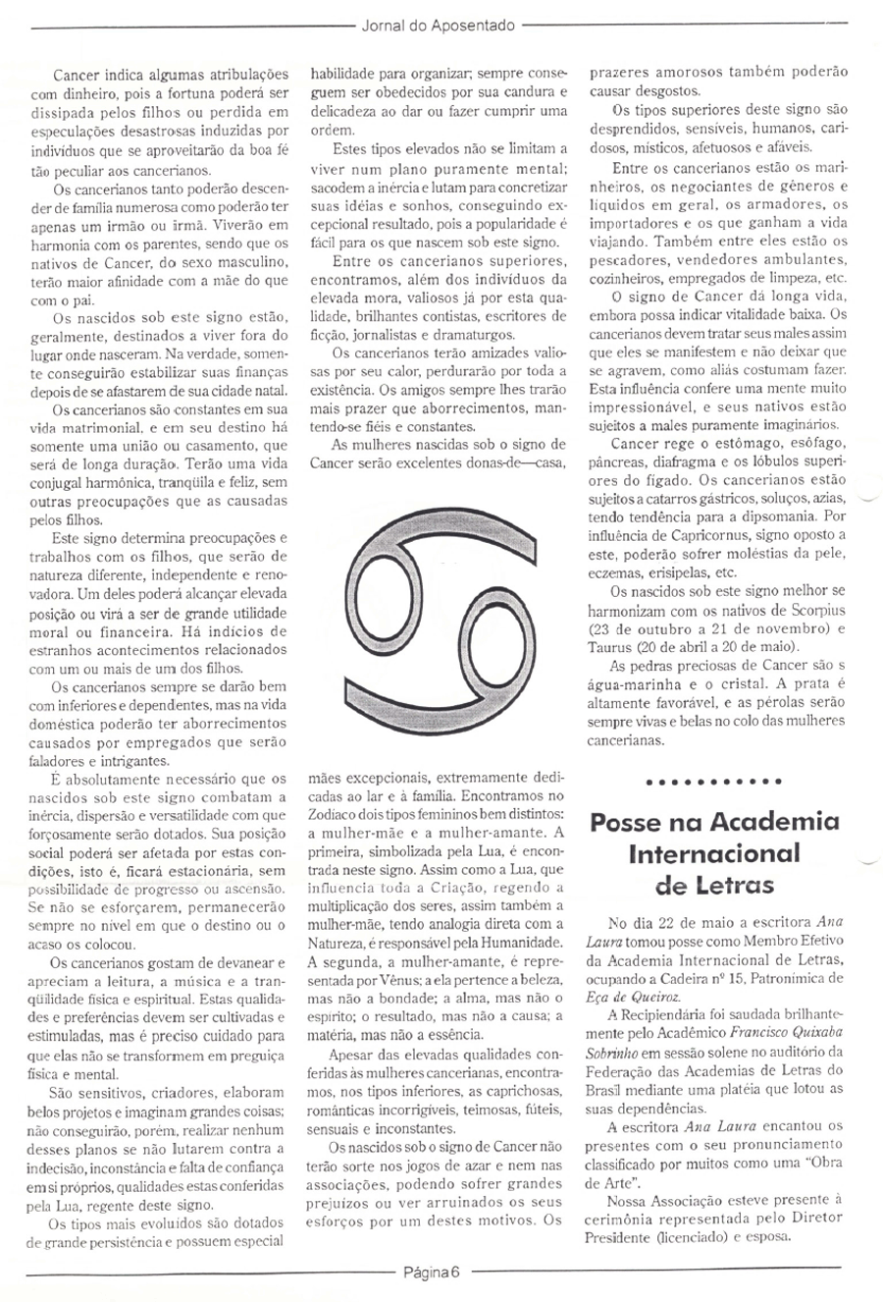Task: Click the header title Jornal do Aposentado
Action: click(441, 27)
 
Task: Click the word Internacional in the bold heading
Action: click(713, 853)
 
